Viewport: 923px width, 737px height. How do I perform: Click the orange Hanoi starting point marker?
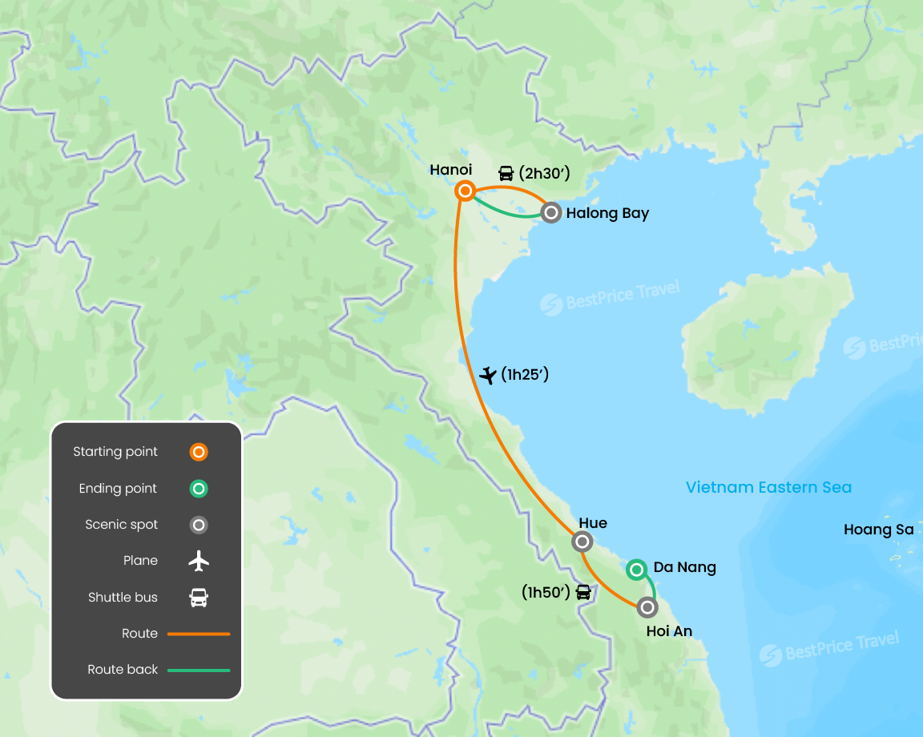coord(465,191)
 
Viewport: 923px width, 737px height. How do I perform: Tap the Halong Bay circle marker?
coord(551,212)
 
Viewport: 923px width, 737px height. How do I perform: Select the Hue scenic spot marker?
coord(582,542)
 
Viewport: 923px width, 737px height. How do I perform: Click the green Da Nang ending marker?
coord(636,570)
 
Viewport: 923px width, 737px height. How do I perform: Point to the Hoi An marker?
coord(647,607)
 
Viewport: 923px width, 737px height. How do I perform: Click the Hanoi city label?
coord(451,170)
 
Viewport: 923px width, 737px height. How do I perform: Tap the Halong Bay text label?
coord(607,213)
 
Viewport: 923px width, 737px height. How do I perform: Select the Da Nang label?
coord(685,567)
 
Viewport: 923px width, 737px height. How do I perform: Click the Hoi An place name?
coord(669,631)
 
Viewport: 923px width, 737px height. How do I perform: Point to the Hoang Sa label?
coord(879,530)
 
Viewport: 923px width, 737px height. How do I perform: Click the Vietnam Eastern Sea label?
coord(769,487)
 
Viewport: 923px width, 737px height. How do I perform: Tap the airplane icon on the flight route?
coord(487,375)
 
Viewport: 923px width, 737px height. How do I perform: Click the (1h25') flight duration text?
coord(525,374)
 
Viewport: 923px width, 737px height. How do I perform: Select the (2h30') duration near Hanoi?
coord(545,172)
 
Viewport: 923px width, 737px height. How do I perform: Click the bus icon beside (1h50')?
coord(583,593)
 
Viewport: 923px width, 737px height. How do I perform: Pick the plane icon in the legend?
coord(199,561)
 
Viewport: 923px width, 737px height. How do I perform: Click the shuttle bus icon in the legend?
coord(199,598)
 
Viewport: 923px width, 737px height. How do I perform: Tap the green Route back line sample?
coord(199,670)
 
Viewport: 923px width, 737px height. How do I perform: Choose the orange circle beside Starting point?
coord(199,452)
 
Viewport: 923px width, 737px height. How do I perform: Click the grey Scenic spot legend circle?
coord(199,525)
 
